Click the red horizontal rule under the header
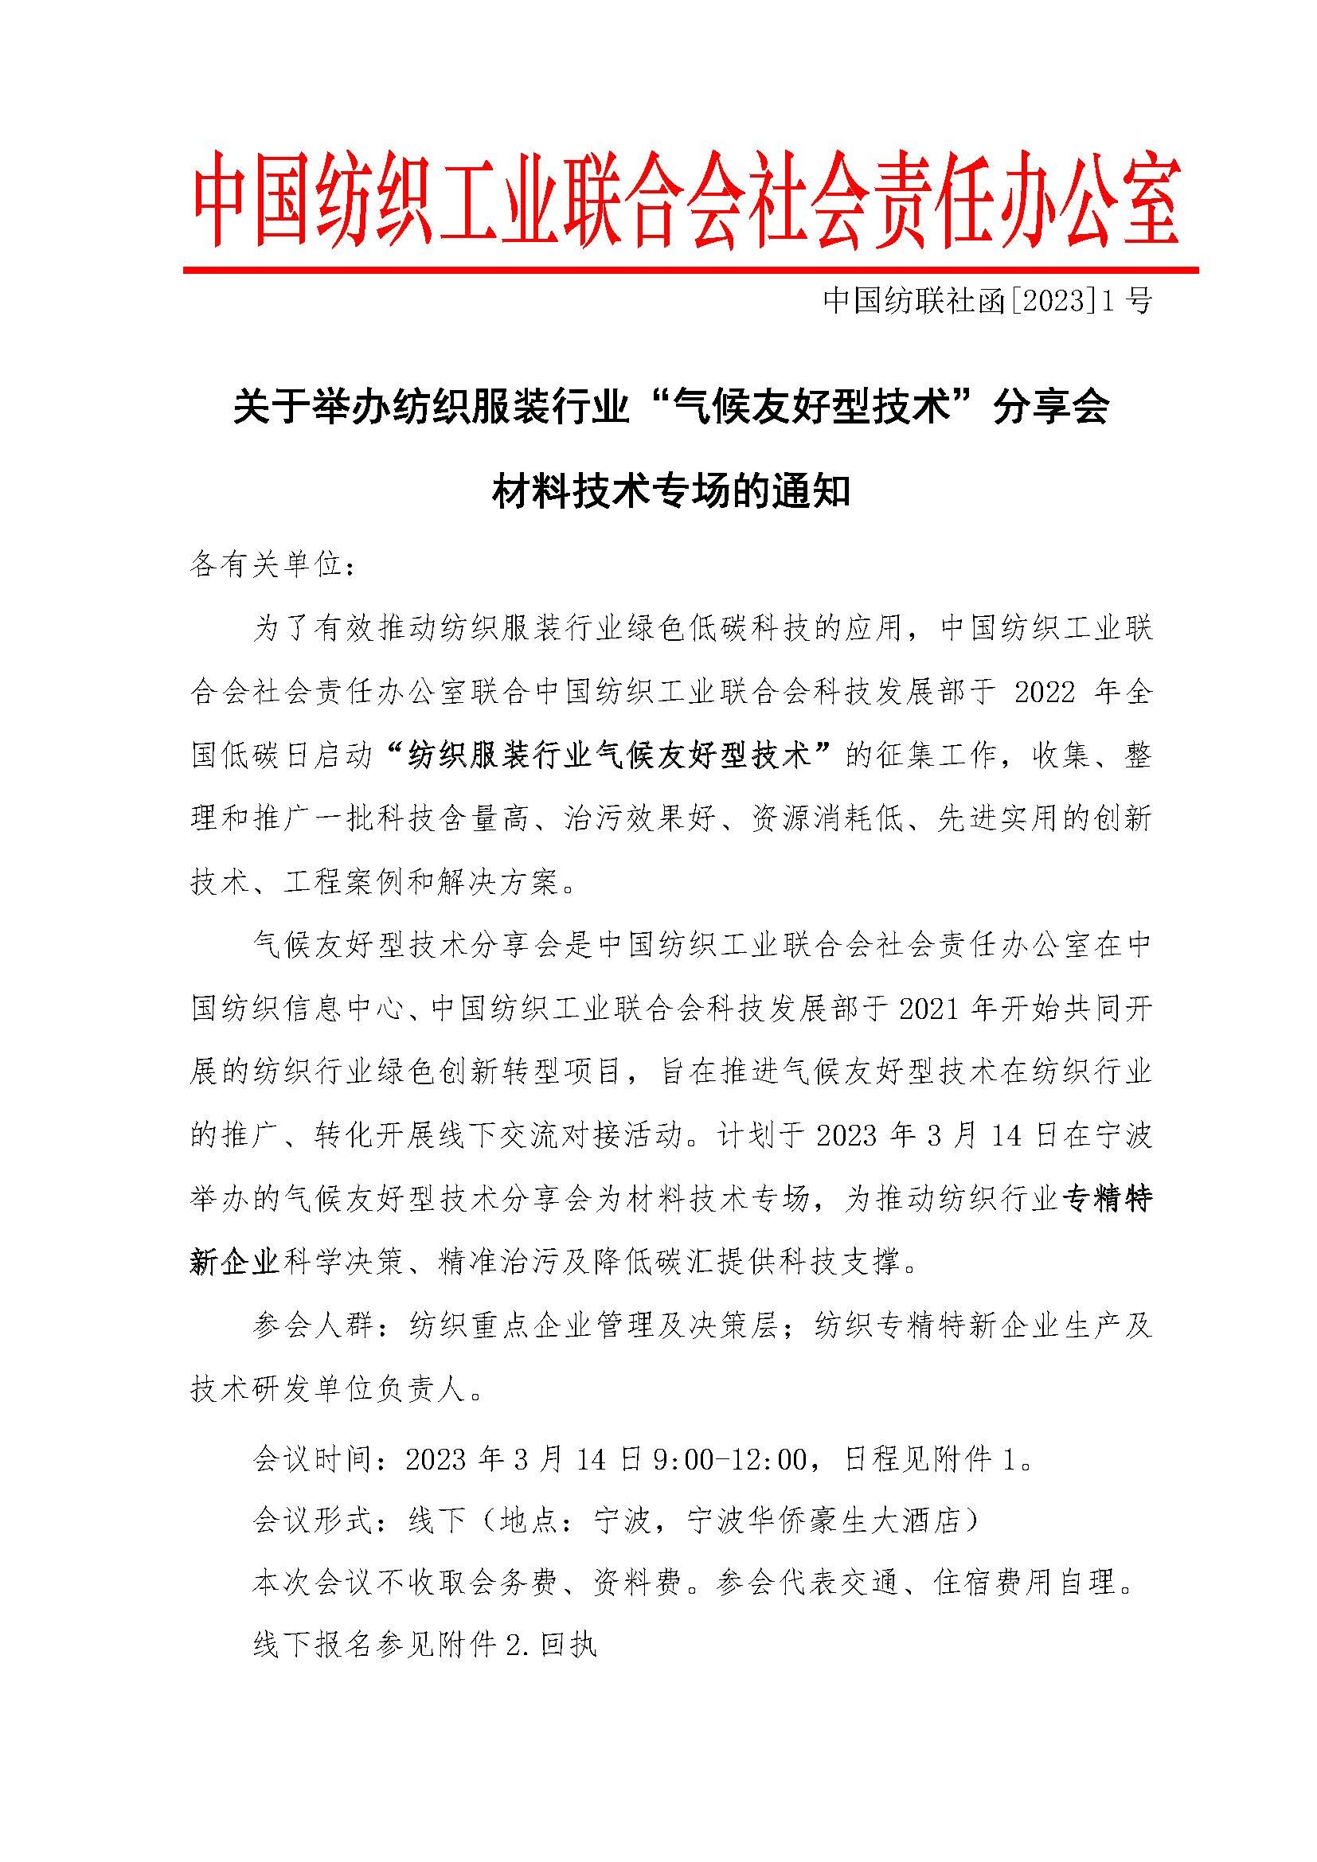point(690,269)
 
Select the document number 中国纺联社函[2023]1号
point(987,302)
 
